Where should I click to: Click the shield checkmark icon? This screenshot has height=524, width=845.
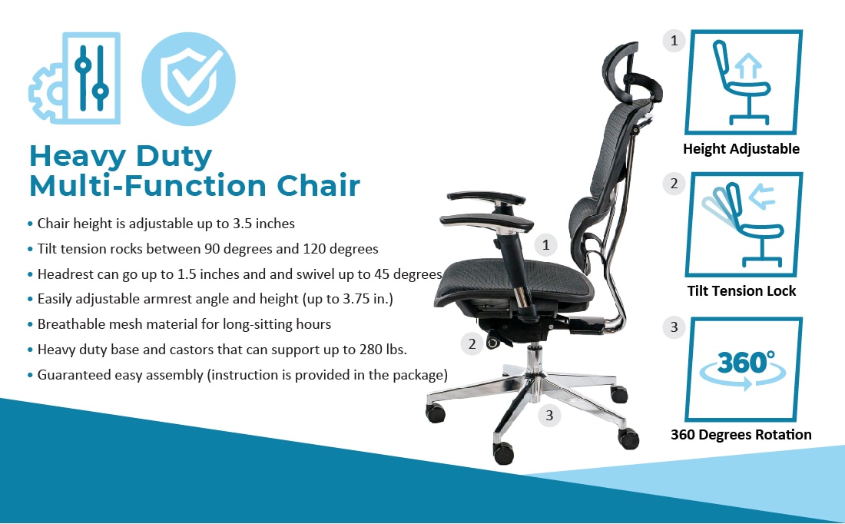pos(188,78)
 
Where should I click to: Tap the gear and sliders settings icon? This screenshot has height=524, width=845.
pos(75,78)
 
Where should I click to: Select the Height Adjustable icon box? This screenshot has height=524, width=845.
pos(744,82)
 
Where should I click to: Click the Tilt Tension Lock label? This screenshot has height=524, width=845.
pos(741,291)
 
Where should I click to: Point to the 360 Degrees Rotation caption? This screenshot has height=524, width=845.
pos(741,435)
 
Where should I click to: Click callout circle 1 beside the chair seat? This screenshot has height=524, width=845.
pos(546,245)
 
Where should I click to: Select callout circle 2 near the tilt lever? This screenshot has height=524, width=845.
pos(472,343)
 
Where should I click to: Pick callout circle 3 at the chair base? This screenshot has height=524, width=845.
pos(549,415)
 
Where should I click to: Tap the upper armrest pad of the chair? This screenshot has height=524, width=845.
pos(486,197)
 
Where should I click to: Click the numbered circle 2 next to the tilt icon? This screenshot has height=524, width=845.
pos(674,184)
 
